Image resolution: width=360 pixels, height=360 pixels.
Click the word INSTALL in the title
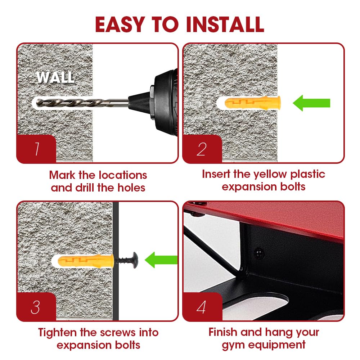pos(225,24)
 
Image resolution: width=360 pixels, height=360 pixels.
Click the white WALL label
pos(55,77)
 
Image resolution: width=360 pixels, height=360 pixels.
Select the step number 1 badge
pos(36,149)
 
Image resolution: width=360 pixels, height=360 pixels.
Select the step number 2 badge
pos(202,149)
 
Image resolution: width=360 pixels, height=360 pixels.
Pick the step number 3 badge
pos(36,307)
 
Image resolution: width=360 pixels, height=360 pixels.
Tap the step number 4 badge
pos(202,307)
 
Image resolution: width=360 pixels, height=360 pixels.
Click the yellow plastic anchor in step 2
pos(253,103)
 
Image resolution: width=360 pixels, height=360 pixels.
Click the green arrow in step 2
pos(311,103)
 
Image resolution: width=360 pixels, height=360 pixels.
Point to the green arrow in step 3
pos(161,260)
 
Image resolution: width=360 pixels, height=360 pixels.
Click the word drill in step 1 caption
pos(85,188)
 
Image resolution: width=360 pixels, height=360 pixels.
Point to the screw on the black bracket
pos(259,253)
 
